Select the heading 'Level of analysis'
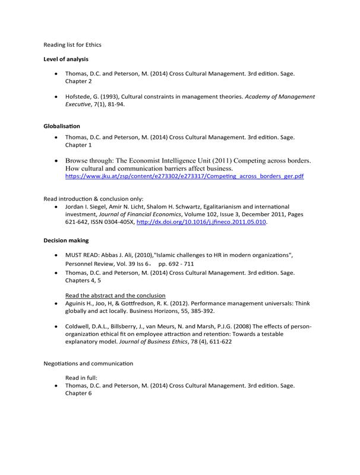(x=66, y=59)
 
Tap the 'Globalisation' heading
(x=62, y=126)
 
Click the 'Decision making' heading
(x=67, y=240)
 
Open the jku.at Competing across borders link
(x=184, y=176)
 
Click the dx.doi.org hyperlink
(x=201, y=222)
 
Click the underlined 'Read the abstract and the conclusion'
(x=115, y=295)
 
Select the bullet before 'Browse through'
(x=56, y=161)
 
